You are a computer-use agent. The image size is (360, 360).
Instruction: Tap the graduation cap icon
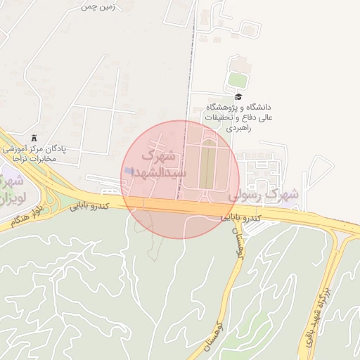pos(238,97)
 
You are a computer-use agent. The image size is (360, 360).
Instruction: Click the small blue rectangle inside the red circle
pos(128,171)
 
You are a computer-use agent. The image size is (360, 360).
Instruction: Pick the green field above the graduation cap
pos(238,79)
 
